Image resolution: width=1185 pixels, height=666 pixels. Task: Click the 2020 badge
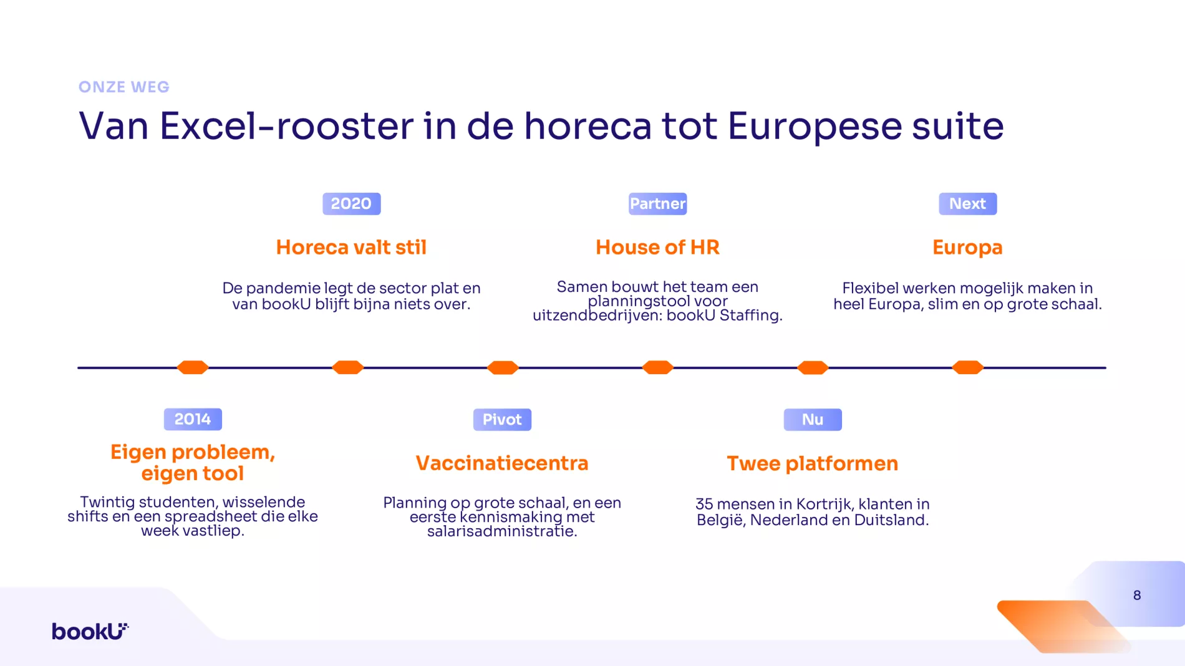tap(351, 204)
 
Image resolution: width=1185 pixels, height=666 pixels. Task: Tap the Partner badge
tap(657, 204)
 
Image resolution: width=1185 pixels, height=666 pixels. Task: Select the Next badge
tap(967, 204)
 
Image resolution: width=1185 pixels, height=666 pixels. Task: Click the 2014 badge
tap(193, 419)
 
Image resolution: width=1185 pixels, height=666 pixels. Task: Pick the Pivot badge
tap(502, 420)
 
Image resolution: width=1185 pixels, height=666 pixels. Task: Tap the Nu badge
tap(813, 420)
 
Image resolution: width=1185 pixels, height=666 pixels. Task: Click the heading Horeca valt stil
tap(351, 248)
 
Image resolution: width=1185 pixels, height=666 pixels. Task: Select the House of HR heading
tap(657, 248)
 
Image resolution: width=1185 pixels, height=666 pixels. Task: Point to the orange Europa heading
tap(967, 248)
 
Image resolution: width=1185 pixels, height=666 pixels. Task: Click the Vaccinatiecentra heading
tap(502, 463)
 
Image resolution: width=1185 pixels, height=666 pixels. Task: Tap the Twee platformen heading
tap(813, 464)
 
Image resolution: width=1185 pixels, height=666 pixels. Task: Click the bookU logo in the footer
tap(90, 631)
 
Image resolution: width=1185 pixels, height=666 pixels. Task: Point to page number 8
tap(1137, 596)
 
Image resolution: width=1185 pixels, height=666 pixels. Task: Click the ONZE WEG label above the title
tap(124, 87)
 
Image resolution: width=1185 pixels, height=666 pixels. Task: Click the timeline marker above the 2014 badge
tap(193, 367)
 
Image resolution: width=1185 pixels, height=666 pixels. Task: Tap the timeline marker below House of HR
tap(657, 367)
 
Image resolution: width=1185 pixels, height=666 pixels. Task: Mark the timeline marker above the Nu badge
tap(813, 367)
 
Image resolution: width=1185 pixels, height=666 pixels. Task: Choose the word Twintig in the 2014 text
tap(107, 503)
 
